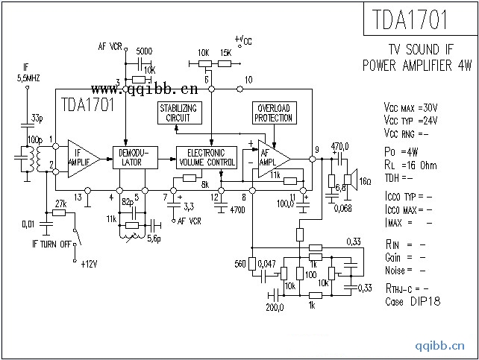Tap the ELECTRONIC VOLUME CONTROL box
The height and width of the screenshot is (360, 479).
210,157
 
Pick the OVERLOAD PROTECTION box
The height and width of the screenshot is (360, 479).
272,113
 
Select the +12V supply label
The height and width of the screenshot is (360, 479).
90,264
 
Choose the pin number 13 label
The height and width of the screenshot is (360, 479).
78,197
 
